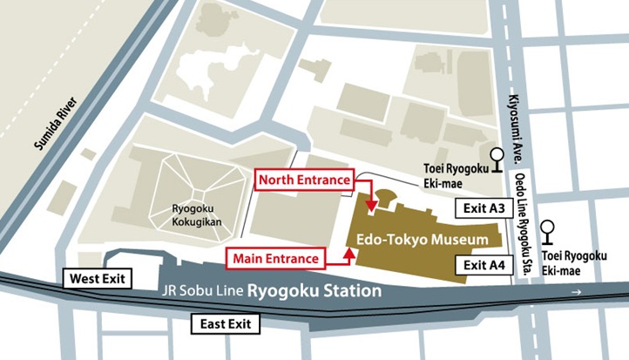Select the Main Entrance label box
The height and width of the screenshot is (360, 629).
276,257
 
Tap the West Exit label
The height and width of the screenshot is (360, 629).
97,279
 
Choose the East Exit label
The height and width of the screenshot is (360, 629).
226,323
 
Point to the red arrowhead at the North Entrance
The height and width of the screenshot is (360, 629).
372,207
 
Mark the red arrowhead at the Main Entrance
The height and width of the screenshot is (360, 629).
348,252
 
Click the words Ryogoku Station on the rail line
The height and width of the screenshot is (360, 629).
314,291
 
